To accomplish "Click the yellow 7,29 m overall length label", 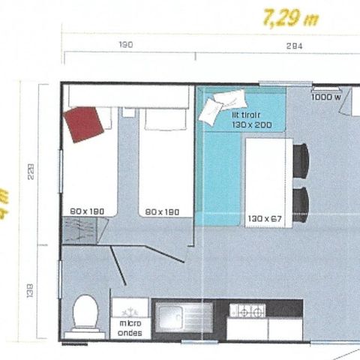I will coord(290,17).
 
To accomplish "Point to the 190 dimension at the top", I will coord(126,45).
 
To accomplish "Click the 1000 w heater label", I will coord(325,96).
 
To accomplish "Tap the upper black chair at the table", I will coord(301,159).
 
